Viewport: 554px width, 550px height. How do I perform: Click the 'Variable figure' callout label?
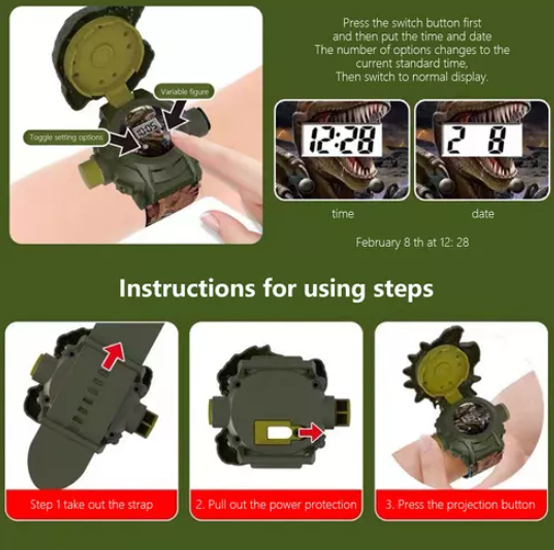(185, 92)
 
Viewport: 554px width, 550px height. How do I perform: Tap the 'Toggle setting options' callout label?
(66, 137)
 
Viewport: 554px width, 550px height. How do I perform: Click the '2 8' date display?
(481, 140)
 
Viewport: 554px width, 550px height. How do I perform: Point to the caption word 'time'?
(343, 214)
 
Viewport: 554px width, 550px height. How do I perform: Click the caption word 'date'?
(482, 214)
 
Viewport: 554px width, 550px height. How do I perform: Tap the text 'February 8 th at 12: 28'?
(412, 242)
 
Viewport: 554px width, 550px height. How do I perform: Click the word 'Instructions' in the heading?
(186, 288)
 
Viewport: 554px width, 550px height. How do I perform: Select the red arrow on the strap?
(115, 354)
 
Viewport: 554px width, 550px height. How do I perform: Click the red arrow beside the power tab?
(310, 433)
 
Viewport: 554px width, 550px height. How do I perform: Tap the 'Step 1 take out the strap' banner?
(92, 504)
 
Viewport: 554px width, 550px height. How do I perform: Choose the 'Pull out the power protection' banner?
(276, 504)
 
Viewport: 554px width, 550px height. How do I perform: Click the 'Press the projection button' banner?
(461, 504)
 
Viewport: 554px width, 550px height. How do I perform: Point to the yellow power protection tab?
(273, 432)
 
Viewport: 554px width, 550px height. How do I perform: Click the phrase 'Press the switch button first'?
(412, 23)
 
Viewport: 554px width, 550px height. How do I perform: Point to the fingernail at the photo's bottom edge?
(214, 221)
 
